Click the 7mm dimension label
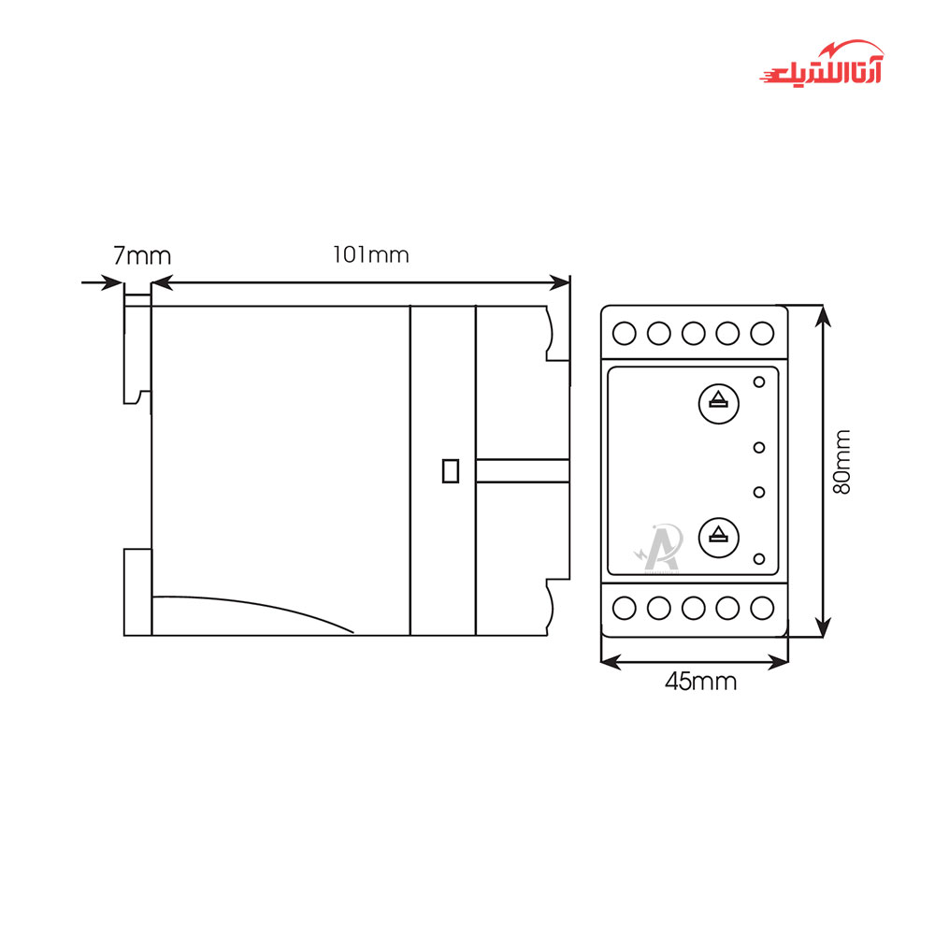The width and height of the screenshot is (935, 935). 142,256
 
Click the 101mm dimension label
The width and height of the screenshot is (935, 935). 371,255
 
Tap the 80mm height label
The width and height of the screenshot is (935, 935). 841,462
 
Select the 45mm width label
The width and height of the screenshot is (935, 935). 700,681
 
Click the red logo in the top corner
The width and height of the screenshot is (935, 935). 822,64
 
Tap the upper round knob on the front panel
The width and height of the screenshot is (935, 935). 718,404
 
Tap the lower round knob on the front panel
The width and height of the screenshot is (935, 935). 718,538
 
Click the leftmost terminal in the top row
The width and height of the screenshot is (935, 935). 625,334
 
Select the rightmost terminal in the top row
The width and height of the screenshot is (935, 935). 762,334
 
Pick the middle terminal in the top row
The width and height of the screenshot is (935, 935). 694,334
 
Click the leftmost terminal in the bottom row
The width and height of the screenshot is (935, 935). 625,609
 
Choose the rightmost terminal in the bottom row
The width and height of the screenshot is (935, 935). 762,609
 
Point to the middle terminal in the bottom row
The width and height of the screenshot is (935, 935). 694,609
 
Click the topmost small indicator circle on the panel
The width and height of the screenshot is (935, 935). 759,381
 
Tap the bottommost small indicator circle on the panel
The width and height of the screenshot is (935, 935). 759,559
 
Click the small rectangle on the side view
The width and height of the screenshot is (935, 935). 451,470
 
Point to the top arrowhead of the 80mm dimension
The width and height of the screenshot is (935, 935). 823,316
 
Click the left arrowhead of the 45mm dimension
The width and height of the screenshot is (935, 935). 611,661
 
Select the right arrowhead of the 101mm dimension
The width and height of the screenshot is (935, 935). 559,282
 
